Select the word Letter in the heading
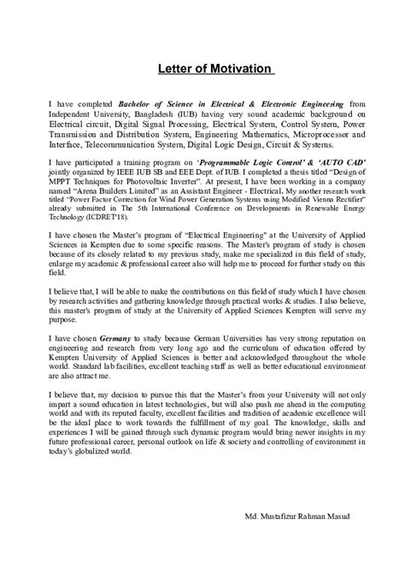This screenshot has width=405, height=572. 175,68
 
